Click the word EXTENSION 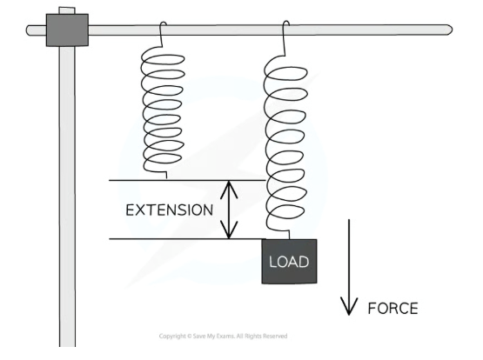[170, 210]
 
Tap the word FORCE [393, 309]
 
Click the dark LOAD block [289, 261]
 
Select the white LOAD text [289, 262]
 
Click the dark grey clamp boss [67, 30]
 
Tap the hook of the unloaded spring [163, 27]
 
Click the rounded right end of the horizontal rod [449, 30]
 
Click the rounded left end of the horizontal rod [30, 30]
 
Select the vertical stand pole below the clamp [67, 197]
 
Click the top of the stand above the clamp [67, 10]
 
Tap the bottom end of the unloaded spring [166, 176]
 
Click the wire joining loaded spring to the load [289, 235]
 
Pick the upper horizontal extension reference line [187, 180]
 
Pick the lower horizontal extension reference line [187, 239]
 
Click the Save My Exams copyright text [223, 336]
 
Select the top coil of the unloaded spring [163, 59]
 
